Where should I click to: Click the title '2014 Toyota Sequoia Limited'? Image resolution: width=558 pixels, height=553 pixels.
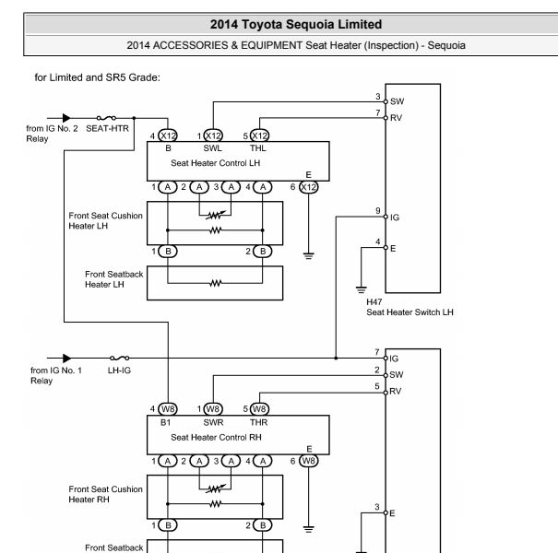[296, 24]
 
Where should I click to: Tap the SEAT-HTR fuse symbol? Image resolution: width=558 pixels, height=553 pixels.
[106, 118]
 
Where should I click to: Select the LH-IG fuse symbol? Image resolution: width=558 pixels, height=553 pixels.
[120, 358]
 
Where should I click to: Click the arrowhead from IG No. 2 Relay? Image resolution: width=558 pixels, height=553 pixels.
[66, 118]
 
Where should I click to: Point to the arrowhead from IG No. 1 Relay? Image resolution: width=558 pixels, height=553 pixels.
[66, 358]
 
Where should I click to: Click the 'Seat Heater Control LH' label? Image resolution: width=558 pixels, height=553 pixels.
[215, 163]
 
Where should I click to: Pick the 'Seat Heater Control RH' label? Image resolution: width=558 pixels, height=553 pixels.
[216, 437]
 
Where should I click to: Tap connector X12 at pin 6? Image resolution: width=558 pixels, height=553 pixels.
[308, 187]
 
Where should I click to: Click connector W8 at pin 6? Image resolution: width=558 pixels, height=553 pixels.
[309, 461]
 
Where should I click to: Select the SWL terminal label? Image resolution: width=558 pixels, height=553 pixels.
[213, 148]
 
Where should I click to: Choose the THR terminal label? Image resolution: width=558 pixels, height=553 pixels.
[258, 422]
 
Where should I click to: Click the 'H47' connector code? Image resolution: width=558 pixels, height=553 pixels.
[374, 302]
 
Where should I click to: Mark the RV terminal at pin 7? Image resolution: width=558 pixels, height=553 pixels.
[386, 118]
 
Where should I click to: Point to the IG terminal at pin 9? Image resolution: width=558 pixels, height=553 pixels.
[386, 217]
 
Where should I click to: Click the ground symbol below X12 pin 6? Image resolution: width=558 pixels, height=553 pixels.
[309, 255]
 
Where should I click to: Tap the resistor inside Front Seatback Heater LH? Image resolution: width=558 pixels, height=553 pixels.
[215, 283]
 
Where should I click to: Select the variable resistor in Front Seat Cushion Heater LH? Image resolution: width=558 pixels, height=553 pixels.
[215, 215]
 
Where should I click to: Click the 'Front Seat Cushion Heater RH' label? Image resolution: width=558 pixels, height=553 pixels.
[105, 494]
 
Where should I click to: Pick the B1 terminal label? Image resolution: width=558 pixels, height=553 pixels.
[165, 422]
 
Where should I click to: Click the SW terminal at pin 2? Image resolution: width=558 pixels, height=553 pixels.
[386, 375]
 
